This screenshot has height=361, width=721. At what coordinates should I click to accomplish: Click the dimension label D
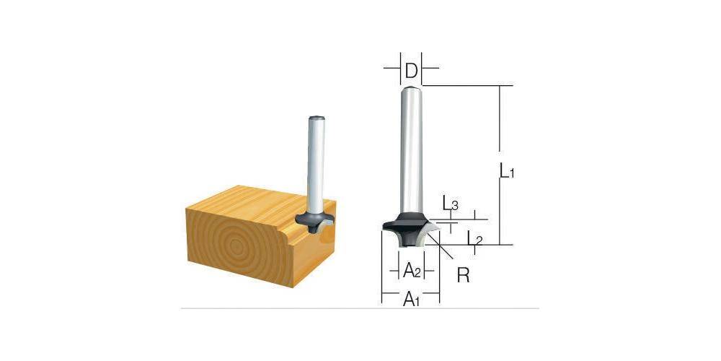coord(411,71)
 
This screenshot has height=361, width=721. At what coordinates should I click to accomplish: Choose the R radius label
coord(464,274)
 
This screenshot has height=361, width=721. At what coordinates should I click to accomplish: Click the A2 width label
coord(412,271)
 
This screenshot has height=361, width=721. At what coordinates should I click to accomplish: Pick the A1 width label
coord(411,299)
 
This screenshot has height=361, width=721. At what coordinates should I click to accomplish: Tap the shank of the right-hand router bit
coord(411,144)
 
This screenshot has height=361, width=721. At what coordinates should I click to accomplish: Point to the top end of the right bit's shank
coord(411,88)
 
